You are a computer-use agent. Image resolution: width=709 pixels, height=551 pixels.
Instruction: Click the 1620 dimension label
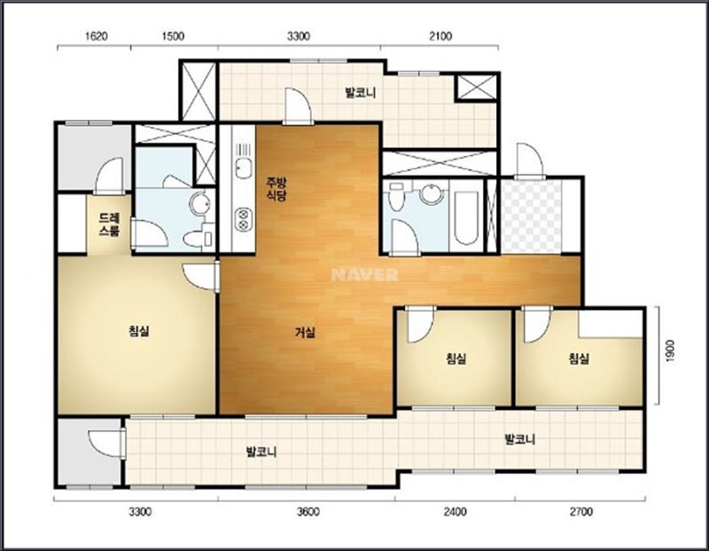(x=97, y=36)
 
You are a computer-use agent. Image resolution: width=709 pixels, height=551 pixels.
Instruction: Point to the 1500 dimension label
(x=173, y=36)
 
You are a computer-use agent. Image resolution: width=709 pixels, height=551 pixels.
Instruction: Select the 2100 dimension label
(x=440, y=36)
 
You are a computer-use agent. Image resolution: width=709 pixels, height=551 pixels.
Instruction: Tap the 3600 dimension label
(x=308, y=512)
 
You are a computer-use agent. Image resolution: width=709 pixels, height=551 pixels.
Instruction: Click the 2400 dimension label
(x=455, y=512)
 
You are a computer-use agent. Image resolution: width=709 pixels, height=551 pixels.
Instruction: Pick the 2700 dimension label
(x=581, y=512)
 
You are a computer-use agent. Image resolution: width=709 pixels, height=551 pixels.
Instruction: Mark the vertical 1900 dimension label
(x=670, y=350)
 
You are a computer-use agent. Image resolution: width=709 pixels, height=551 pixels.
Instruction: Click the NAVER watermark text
(x=364, y=275)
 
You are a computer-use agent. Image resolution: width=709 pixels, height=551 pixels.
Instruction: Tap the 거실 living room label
(x=305, y=333)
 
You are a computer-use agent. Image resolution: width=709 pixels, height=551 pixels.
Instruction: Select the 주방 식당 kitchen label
(x=277, y=189)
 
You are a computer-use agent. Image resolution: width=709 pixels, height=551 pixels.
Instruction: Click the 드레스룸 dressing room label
(x=109, y=224)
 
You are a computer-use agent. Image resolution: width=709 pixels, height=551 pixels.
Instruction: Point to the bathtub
(x=466, y=218)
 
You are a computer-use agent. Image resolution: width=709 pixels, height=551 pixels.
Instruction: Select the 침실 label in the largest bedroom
(x=139, y=331)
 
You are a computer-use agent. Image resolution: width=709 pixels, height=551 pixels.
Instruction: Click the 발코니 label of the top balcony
(x=361, y=93)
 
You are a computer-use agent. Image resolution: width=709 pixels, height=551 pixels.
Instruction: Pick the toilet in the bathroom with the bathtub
(x=396, y=196)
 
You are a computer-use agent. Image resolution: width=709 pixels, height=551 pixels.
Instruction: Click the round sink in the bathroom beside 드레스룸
(x=199, y=204)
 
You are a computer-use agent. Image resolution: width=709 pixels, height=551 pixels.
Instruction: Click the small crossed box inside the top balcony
(x=476, y=86)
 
